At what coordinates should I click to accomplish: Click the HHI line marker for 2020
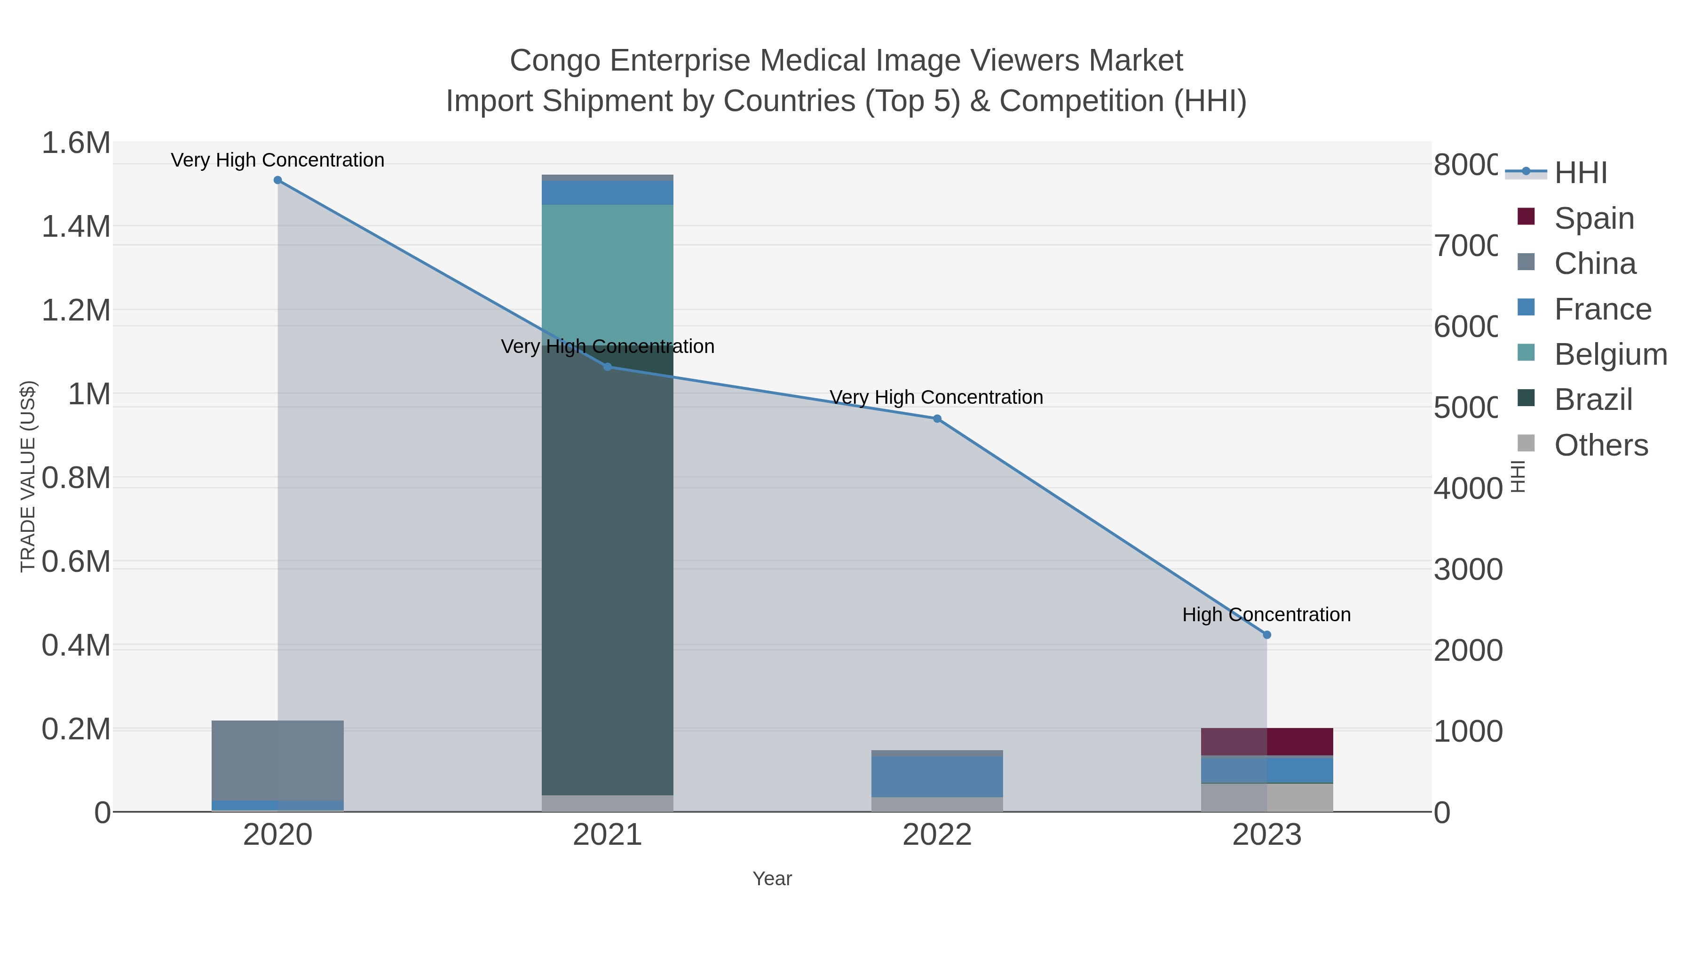coord(277,180)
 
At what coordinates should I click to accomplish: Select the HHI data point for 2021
coord(607,367)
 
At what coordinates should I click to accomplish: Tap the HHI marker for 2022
coord(937,419)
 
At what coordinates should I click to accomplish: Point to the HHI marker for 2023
coord(1267,635)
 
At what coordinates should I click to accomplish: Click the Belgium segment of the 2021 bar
coord(607,270)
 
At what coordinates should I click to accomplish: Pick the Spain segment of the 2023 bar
coord(1267,741)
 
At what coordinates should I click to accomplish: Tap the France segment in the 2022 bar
coord(937,776)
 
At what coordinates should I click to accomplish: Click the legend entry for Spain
coord(1593,218)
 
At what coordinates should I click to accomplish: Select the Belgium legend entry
coord(1610,354)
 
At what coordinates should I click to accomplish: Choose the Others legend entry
coord(1600,445)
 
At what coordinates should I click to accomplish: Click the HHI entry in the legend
coord(1580,172)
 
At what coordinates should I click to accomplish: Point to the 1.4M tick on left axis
coord(76,227)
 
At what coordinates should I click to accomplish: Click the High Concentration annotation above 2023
coord(1266,615)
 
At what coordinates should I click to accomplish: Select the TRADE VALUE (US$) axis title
coord(28,476)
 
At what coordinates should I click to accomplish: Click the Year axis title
coord(772,879)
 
